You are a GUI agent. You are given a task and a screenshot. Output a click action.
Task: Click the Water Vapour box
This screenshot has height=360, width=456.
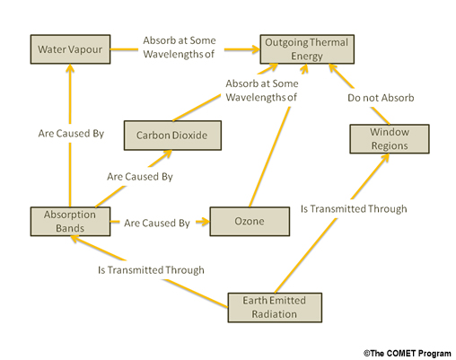70,49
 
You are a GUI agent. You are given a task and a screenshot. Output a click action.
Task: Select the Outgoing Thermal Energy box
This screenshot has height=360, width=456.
307,49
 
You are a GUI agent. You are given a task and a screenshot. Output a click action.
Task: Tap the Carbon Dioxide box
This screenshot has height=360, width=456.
172,136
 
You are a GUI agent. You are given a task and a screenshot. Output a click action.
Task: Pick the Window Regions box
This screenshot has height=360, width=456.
390,139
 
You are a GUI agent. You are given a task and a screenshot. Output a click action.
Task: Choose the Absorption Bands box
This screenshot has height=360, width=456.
70,222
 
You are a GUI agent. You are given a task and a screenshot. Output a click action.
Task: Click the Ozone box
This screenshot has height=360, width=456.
250,222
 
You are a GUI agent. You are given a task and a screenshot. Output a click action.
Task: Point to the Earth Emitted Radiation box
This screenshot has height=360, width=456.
275,308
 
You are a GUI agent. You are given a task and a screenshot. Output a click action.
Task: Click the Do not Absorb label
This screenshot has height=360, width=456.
381,98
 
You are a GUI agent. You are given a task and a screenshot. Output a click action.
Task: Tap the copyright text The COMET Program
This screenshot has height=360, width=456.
408,354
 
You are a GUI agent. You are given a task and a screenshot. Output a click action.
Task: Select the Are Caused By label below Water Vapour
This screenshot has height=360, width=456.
71,134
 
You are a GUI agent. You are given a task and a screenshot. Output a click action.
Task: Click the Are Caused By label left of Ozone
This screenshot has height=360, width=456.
157,223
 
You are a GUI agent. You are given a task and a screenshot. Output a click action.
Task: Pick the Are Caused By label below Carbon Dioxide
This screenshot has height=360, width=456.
140,177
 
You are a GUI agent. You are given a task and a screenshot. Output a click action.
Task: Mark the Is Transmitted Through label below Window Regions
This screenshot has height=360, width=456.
354,208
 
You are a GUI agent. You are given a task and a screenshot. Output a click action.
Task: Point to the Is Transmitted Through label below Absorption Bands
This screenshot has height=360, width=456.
151,270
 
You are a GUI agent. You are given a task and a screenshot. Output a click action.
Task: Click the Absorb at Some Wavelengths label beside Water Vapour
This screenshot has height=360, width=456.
180,48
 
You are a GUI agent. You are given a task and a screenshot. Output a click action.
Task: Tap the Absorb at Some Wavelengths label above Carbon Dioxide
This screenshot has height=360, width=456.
262,91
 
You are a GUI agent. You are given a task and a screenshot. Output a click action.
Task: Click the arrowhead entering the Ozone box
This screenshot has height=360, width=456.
204,222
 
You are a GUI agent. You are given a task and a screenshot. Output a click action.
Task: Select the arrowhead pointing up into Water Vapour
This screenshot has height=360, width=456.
70,68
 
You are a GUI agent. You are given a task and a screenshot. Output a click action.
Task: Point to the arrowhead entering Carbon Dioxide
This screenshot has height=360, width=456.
166,154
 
